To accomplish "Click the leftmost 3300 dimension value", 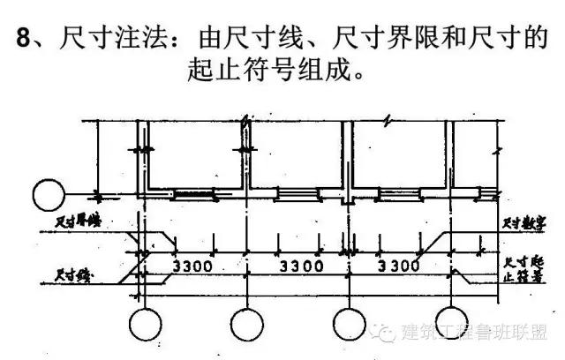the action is click(x=193, y=266).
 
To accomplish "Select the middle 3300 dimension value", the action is click(x=297, y=266).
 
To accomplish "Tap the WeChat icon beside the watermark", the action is click(x=385, y=333).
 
